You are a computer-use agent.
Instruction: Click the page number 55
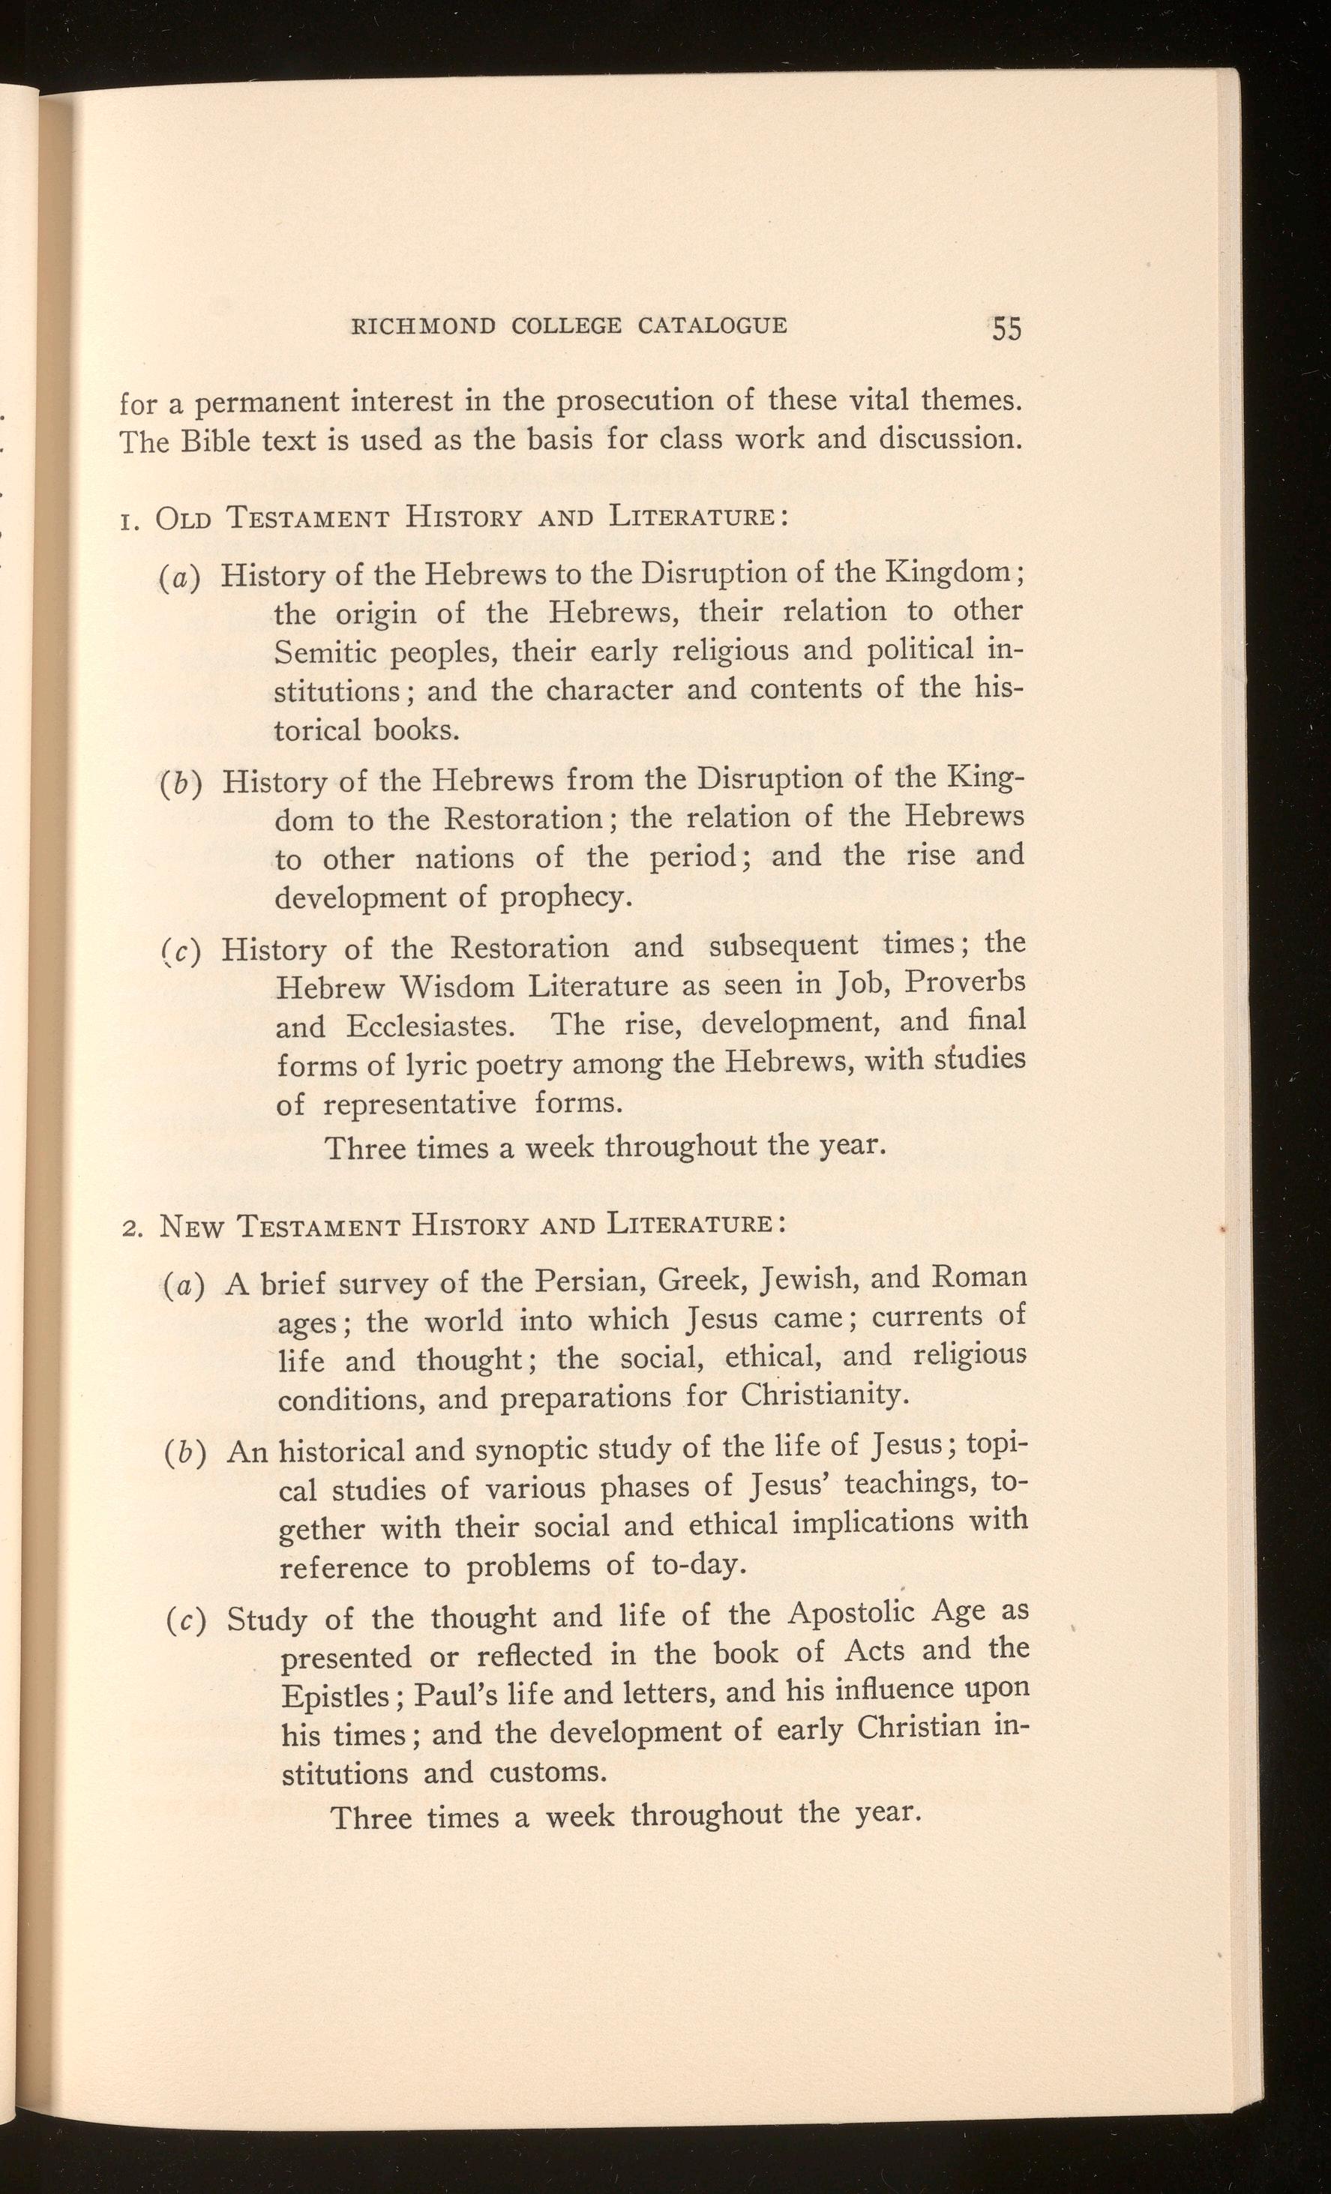[x=1006, y=328]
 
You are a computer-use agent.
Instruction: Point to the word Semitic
[x=324, y=652]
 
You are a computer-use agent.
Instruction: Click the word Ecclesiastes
[x=430, y=1026]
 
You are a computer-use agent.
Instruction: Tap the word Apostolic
[x=852, y=1614]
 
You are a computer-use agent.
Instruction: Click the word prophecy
[x=565, y=897]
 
